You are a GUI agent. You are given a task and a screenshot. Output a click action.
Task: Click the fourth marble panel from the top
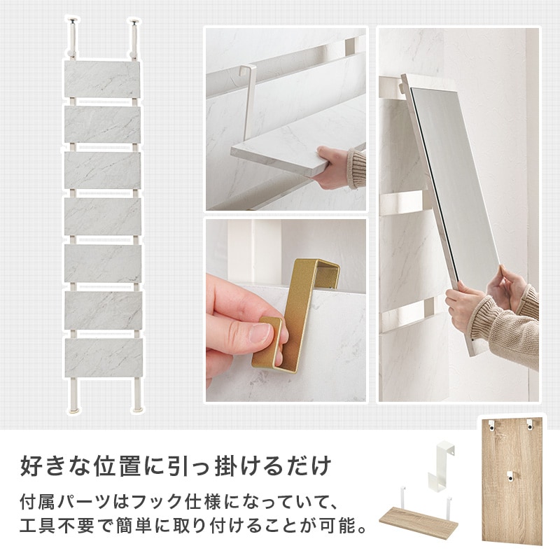104,217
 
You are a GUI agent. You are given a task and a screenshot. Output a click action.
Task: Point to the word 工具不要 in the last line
58,525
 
